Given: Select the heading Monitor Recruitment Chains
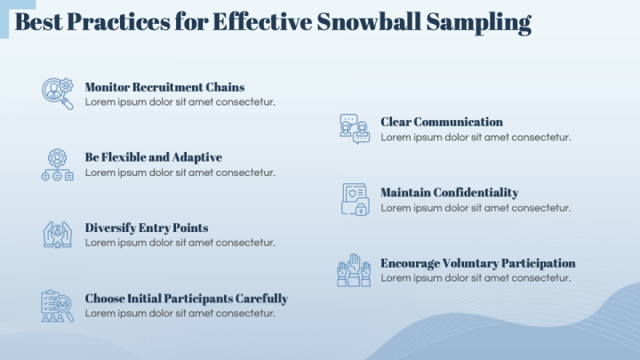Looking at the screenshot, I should tap(164, 87).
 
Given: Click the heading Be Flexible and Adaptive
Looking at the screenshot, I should tap(153, 157).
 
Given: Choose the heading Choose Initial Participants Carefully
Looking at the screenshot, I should tap(186, 299).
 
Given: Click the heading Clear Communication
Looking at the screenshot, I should tap(441, 122).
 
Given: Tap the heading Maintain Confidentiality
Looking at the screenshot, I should tap(449, 193).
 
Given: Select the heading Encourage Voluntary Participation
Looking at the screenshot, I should tap(477, 263).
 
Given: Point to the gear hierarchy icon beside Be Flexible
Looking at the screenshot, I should tap(58, 164).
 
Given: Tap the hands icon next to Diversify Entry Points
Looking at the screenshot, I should tap(58, 235).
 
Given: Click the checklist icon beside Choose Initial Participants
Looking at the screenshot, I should tap(58, 305).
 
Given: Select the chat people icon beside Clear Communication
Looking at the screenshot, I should tap(354, 129).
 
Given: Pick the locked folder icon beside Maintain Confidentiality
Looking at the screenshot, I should tap(354, 199).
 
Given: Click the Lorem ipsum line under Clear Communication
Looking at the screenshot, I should tap(476, 137).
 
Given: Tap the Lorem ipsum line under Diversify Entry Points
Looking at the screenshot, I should tap(180, 243).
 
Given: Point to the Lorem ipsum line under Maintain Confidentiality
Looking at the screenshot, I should tap(476, 207).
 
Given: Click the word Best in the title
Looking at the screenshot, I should tap(39, 23).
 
